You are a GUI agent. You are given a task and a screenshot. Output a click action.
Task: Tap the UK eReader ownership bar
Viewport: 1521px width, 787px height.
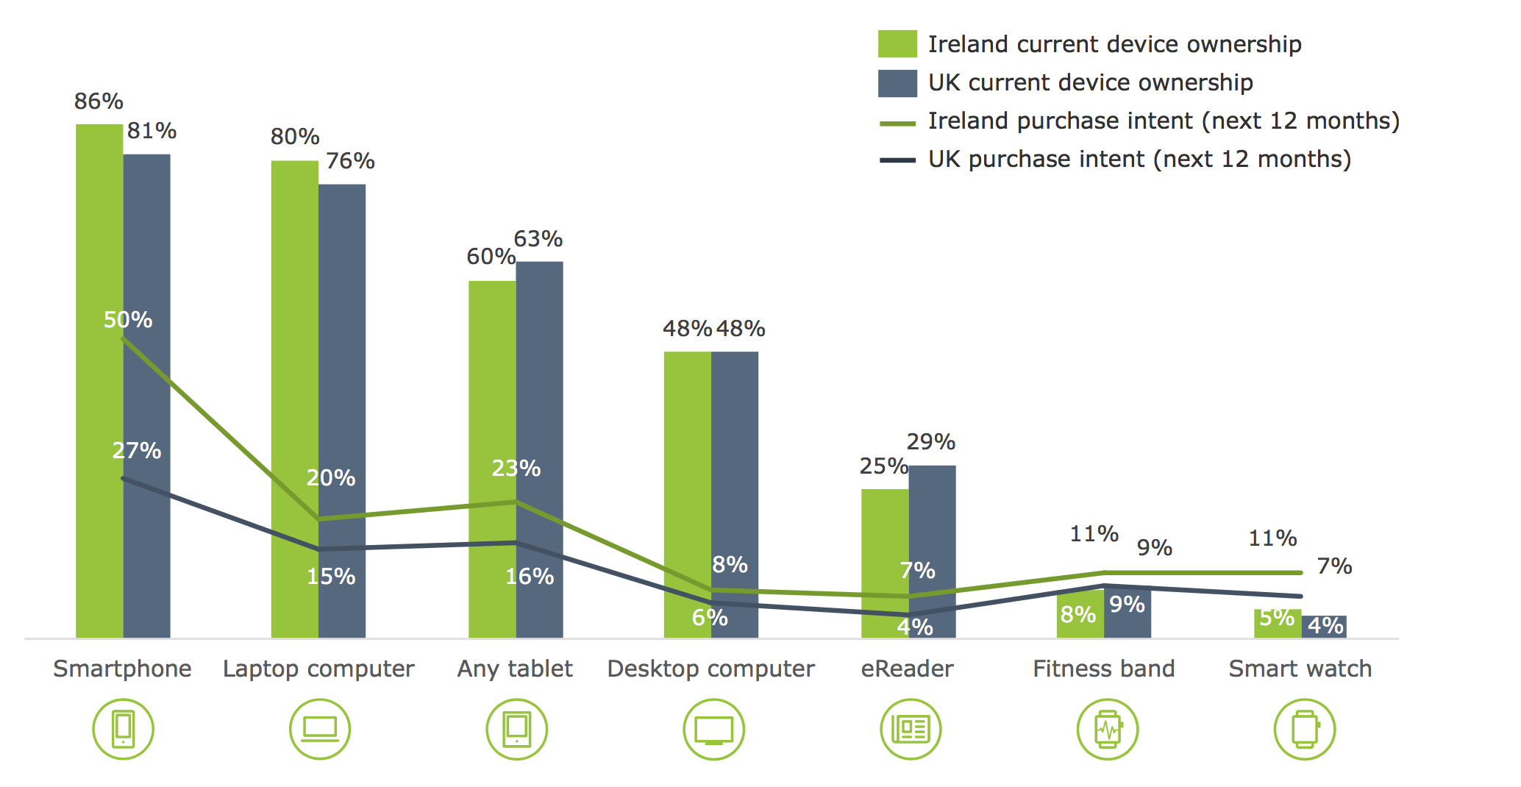933,530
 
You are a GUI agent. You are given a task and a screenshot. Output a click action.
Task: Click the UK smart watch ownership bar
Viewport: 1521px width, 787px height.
1325,627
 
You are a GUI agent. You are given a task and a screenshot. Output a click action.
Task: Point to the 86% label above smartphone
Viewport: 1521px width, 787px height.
99,102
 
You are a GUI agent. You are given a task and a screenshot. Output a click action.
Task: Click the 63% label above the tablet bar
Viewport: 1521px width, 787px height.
538,239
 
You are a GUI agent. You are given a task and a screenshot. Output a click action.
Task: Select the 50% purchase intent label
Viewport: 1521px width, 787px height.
128,320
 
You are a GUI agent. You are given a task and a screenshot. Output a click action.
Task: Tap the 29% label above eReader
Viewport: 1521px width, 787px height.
931,442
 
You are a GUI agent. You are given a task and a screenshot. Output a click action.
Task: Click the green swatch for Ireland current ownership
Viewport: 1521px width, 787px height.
897,44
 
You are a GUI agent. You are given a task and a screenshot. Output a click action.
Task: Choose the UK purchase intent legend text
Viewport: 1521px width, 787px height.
1139,160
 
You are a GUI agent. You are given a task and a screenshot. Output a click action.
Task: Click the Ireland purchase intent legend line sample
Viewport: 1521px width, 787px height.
897,124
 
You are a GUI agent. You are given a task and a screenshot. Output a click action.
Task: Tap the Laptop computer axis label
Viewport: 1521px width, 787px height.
318,669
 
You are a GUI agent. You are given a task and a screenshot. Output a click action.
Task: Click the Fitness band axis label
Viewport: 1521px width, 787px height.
1103,669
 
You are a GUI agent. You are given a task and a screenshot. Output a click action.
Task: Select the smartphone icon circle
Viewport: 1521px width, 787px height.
123,729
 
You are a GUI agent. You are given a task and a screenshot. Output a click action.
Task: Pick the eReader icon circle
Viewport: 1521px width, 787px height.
911,729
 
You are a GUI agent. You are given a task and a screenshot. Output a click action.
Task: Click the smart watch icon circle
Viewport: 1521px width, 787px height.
1305,729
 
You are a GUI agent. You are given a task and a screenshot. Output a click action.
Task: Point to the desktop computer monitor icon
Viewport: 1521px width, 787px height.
713,730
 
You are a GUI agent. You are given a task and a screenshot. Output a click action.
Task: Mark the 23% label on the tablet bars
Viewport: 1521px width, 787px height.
516,469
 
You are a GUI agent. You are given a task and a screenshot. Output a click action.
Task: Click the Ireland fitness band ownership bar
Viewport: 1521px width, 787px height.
1080,615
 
